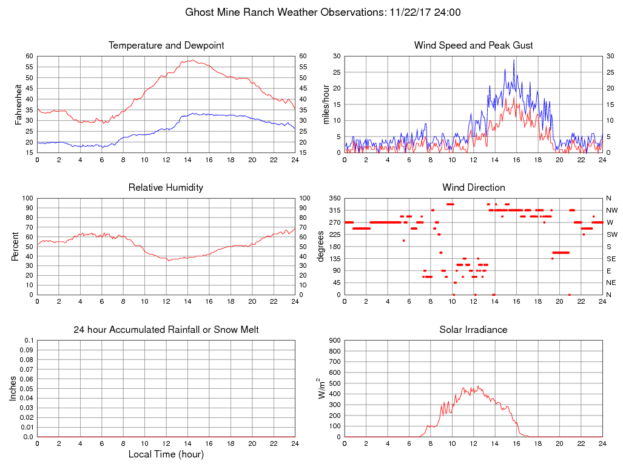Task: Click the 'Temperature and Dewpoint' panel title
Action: pyautogui.click(x=166, y=46)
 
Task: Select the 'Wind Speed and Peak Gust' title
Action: pyautogui.click(x=473, y=46)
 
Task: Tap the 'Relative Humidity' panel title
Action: pyautogui.click(x=166, y=188)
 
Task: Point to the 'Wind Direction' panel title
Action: pyautogui.click(x=473, y=188)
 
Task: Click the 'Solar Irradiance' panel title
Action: pyautogui.click(x=473, y=330)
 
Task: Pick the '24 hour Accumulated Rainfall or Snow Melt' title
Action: pyautogui.click(x=166, y=330)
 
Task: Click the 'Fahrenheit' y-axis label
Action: pyautogui.click(x=18, y=104)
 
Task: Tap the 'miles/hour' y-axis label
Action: pyautogui.click(x=326, y=104)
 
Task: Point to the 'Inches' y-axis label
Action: pyautogui.click(x=13, y=388)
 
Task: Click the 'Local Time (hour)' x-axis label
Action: pyautogui.click(x=166, y=454)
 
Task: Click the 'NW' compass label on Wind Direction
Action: pyautogui.click(x=611, y=210)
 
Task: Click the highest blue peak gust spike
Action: pyautogui.click(x=514, y=60)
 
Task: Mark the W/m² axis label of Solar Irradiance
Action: pyautogui.click(x=322, y=388)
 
